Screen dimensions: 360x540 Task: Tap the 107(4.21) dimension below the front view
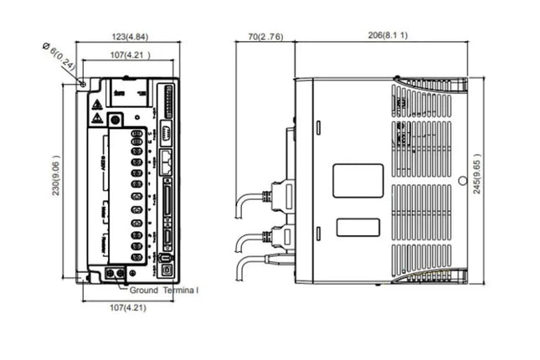(129, 308)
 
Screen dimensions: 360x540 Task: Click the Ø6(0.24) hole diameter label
(59, 60)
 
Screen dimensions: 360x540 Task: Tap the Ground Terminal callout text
(164, 290)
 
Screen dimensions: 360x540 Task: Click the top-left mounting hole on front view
(83, 83)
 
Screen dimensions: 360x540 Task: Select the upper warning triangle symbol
(98, 105)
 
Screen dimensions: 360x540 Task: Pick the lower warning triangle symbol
(98, 119)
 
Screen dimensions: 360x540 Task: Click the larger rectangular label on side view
(357, 180)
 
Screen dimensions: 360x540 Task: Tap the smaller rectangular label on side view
(357, 227)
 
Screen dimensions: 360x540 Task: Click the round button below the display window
(116, 120)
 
